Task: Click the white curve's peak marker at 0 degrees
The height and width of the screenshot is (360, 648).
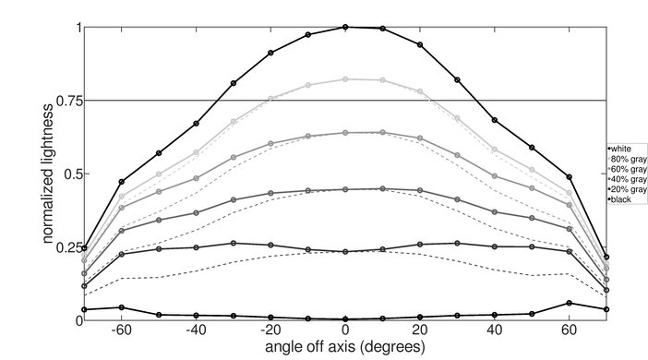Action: [345, 27]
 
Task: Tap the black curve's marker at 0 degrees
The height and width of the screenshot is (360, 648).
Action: [345, 318]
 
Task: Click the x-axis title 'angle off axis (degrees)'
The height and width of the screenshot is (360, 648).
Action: [345, 348]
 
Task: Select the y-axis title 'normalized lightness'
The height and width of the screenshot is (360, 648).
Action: [45, 174]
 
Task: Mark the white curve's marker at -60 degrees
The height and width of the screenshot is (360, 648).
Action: [122, 182]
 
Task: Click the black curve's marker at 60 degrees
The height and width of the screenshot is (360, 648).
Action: [570, 303]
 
